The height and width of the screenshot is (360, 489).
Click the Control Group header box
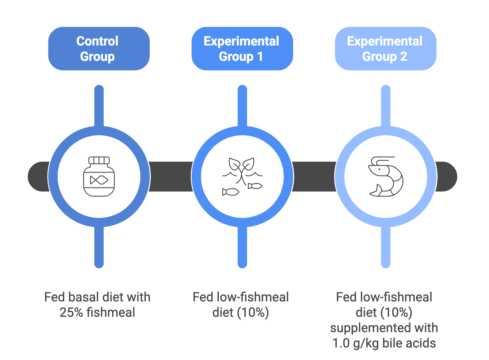click(x=99, y=49)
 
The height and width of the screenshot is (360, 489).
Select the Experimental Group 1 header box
click(x=242, y=49)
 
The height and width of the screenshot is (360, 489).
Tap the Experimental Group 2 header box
click(x=385, y=49)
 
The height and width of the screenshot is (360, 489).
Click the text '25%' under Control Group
click(x=71, y=313)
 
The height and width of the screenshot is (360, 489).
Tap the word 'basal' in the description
click(x=84, y=297)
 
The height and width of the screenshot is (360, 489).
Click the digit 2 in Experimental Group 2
click(x=403, y=57)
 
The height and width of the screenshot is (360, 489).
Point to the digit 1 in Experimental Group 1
click(x=260, y=57)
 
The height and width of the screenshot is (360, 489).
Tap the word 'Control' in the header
click(x=97, y=41)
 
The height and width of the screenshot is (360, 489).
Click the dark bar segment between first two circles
click(x=171, y=177)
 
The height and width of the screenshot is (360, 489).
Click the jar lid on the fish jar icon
click(x=99, y=160)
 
